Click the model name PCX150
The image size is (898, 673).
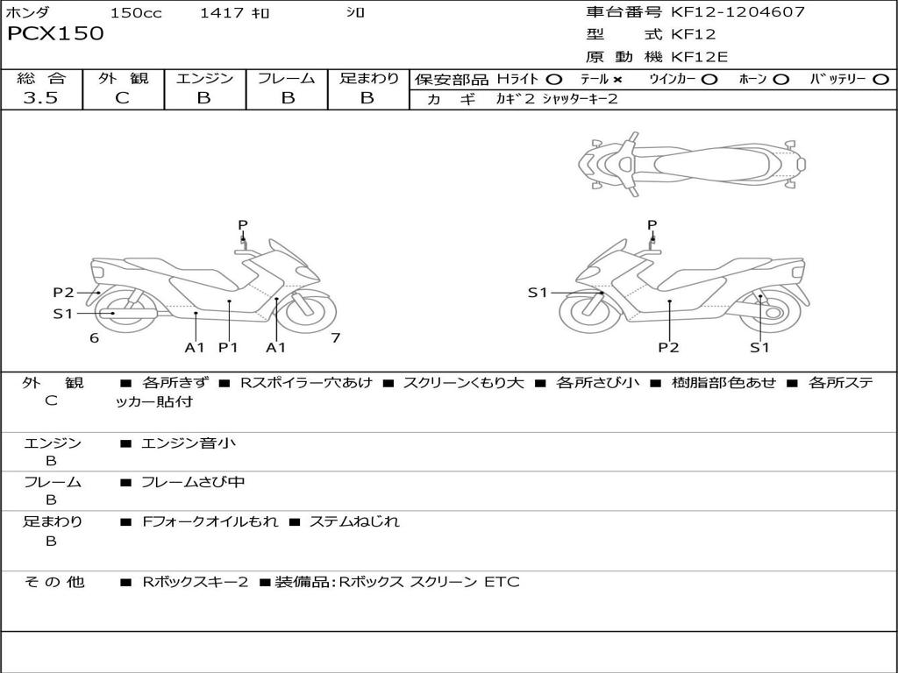point(55,34)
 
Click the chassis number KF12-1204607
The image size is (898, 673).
point(738,12)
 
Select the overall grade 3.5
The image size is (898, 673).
point(40,98)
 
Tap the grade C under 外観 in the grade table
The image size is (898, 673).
point(122,98)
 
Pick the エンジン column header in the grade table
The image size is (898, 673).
point(204,79)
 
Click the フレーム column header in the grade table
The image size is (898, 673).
point(286,79)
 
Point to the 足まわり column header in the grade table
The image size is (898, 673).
point(368,79)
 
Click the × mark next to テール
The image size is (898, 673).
point(617,80)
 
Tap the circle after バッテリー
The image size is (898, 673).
point(880,80)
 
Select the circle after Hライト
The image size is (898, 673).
point(553,80)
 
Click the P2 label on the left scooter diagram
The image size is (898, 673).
point(63,293)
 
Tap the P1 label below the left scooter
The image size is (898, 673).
point(228,348)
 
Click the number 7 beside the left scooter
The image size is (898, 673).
point(335,338)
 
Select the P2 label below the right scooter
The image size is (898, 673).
point(669,348)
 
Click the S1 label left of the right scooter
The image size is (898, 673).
point(538,293)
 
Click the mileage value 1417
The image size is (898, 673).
point(221,13)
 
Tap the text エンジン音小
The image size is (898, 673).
point(189,443)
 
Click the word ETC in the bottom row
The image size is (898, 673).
point(502,582)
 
